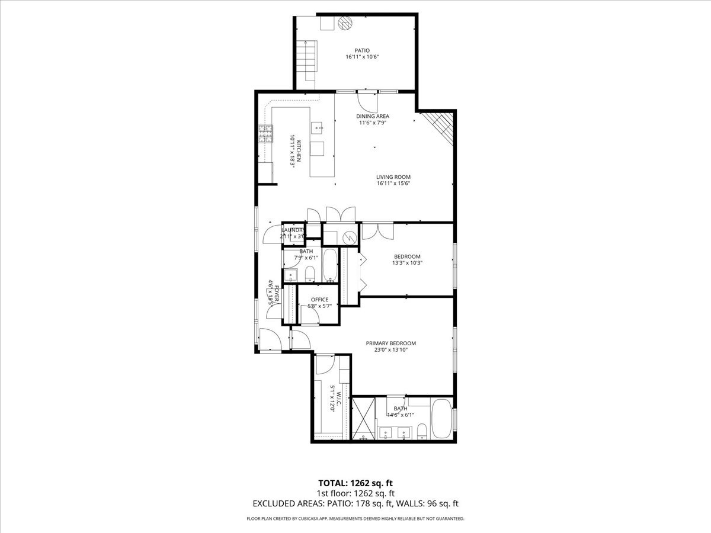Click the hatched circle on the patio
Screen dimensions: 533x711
345,23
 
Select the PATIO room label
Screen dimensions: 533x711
361,50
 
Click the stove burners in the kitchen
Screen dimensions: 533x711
265,135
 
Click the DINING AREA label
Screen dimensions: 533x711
373,116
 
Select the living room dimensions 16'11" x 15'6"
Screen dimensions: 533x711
393,184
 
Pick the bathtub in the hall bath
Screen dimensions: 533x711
329,265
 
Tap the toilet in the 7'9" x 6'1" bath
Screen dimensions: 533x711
310,274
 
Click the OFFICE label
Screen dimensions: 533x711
319,300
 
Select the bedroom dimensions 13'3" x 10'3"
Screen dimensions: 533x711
407,263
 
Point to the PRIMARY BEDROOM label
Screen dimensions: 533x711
390,343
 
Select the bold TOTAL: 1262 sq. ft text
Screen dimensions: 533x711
355,483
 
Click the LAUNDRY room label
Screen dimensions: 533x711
293,230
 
